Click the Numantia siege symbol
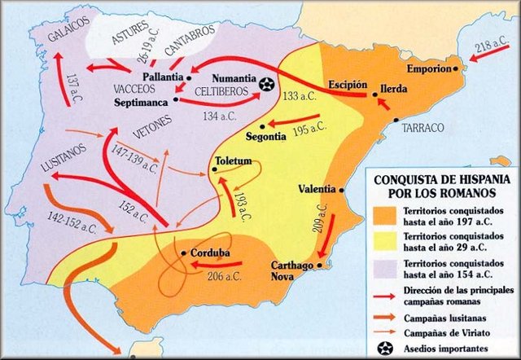[x=265, y=83]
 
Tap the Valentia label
[x=317, y=188]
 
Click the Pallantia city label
[x=163, y=77]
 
